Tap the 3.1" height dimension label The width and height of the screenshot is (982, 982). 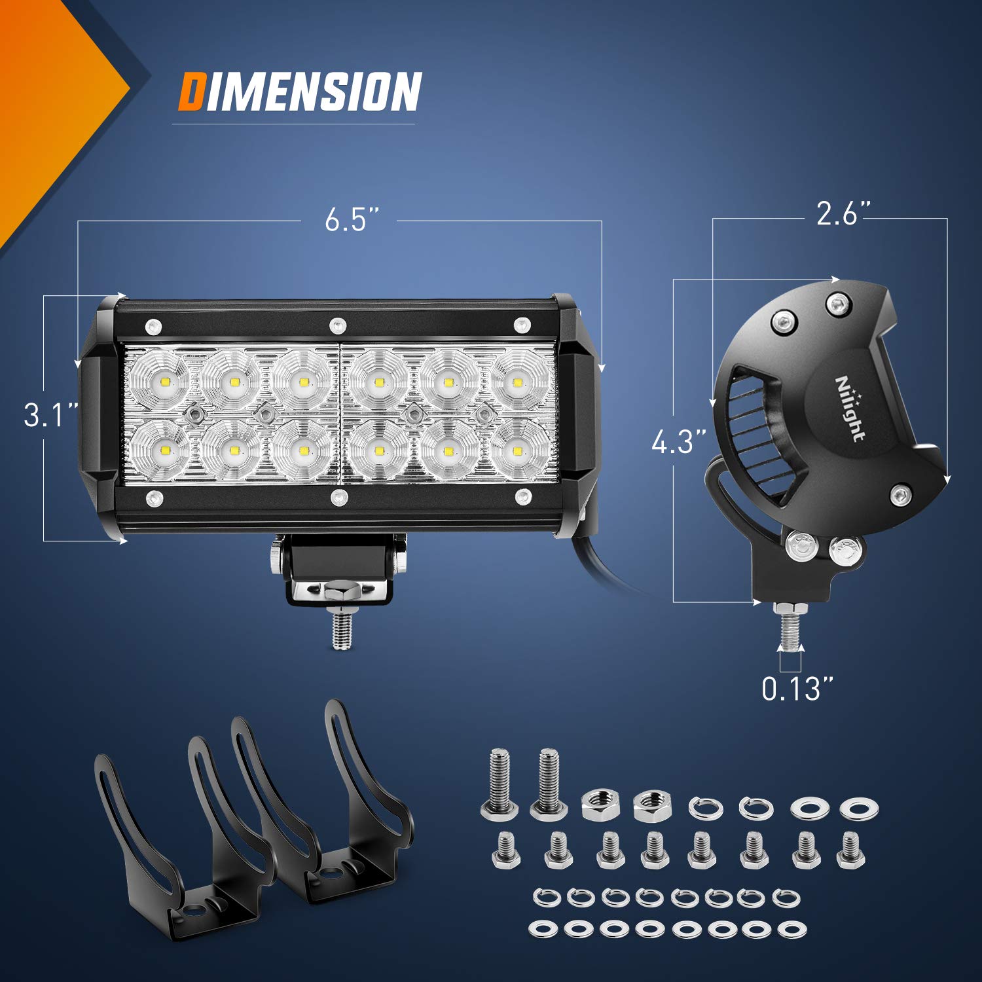(x=50, y=415)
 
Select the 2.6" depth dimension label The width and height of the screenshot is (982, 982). (x=843, y=214)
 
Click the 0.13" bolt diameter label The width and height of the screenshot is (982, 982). (x=798, y=688)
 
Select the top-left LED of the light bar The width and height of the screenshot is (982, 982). (x=160, y=381)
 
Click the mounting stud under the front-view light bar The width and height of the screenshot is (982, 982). (x=341, y=629)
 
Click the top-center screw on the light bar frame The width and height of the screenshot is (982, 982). (x=337, y=324)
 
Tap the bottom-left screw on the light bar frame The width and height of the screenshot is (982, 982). (x=155, y=498)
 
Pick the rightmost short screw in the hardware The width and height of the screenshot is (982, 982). (x=850, y=850)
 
